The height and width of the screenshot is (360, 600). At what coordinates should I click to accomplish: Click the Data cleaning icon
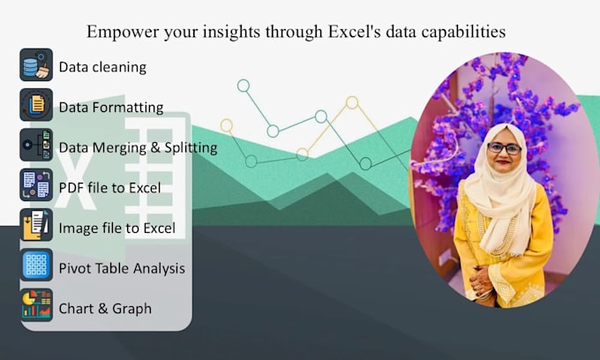point(36,65)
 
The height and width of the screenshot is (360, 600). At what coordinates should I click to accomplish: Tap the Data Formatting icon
point(36,106)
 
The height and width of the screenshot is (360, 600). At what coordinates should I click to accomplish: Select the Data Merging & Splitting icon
point(36,146)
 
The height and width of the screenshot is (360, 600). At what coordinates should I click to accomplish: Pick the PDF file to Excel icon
point(36,186)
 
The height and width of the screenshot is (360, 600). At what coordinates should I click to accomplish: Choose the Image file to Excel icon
point(36,226)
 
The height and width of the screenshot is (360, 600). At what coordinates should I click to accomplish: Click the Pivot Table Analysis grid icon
point(36,266)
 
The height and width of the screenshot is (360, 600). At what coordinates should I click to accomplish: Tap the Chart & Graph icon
point(36,306)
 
